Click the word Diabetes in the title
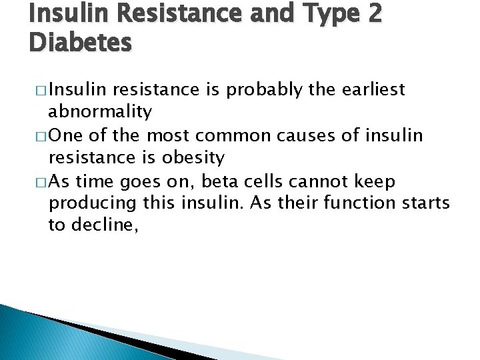coord(81,43)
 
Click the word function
coord(363,203)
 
